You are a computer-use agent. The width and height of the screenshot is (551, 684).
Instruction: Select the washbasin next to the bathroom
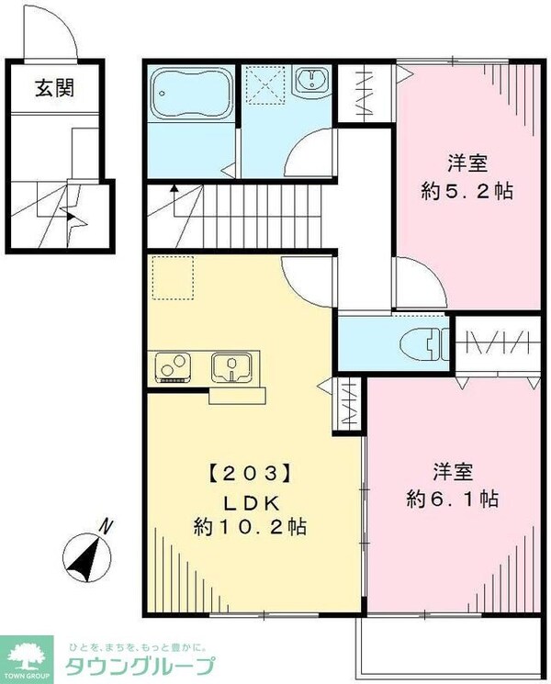pyautogui.click(x=312, y=81)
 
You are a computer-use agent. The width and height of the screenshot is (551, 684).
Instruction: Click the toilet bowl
pyautogui.click(x=424, y=343)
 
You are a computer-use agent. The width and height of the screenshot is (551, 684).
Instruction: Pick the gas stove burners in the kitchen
pyautogui.click(x=174, y=367)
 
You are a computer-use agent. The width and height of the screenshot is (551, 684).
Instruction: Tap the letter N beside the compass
pyautogui.click(x=107, y=527)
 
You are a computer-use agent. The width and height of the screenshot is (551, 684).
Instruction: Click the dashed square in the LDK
pyautogui.click(x=173, y=279)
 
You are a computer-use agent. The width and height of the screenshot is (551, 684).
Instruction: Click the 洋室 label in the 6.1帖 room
pyautogui.click(x=454, y=472)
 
